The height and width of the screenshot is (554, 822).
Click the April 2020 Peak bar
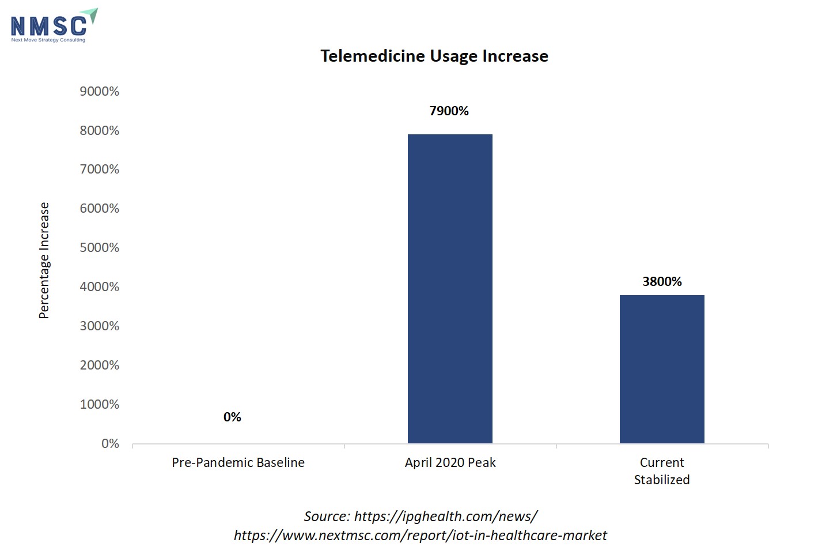(x=450, y=288)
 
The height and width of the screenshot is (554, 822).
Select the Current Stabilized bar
(x=662, y=369)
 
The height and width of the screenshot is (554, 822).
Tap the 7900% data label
(x=449, y=111)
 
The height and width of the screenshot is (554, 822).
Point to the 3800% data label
(x=662, y=281)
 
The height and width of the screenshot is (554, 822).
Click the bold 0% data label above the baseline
(x=232, y=417)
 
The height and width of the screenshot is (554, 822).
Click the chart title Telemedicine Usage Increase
(x=434, y=56)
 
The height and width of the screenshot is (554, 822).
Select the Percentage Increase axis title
(x=44, y=261)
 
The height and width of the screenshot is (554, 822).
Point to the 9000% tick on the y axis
(x=100, y=91)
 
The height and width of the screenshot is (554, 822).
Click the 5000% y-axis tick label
(x=100, y=247)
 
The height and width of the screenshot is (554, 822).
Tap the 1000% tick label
(x=100, y=404)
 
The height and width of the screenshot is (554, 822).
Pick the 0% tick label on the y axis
(x=110, y=443)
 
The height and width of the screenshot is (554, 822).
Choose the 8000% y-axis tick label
(x=100, y=130)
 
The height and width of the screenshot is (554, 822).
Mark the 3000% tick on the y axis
(x=100, y=326)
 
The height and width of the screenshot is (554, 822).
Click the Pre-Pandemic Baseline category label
(x=238, y=462)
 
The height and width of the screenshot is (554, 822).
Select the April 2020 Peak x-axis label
(x=450, y=462)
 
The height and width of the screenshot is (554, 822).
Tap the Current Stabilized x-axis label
(x=662, y=470)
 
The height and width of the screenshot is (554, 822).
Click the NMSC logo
(x=53, y=25)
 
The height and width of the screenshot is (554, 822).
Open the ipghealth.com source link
(x=445, y=516)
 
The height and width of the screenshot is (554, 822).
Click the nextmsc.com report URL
(x=420, y=536)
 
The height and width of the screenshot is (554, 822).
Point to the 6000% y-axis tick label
(x=100, y=208)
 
